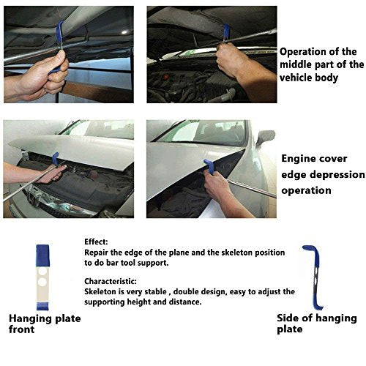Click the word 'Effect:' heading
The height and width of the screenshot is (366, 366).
coord(96,242)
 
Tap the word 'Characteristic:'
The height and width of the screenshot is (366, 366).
coord(111,281)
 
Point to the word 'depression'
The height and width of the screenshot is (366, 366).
coord(339,175)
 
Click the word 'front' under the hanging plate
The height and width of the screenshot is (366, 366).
coord(21,329)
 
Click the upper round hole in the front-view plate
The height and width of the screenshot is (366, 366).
coord(42,272)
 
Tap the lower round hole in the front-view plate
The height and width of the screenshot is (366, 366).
coord(42,282)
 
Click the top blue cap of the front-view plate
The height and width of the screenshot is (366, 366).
coord(42,255)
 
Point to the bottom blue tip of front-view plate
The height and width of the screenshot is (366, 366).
coord(42,306)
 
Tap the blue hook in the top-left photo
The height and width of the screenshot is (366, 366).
coord(59,31)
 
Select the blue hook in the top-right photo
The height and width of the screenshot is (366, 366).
coord(226,31)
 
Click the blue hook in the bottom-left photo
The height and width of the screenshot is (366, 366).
coord(55,159)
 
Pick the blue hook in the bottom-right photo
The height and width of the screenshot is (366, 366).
coord(209,166)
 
